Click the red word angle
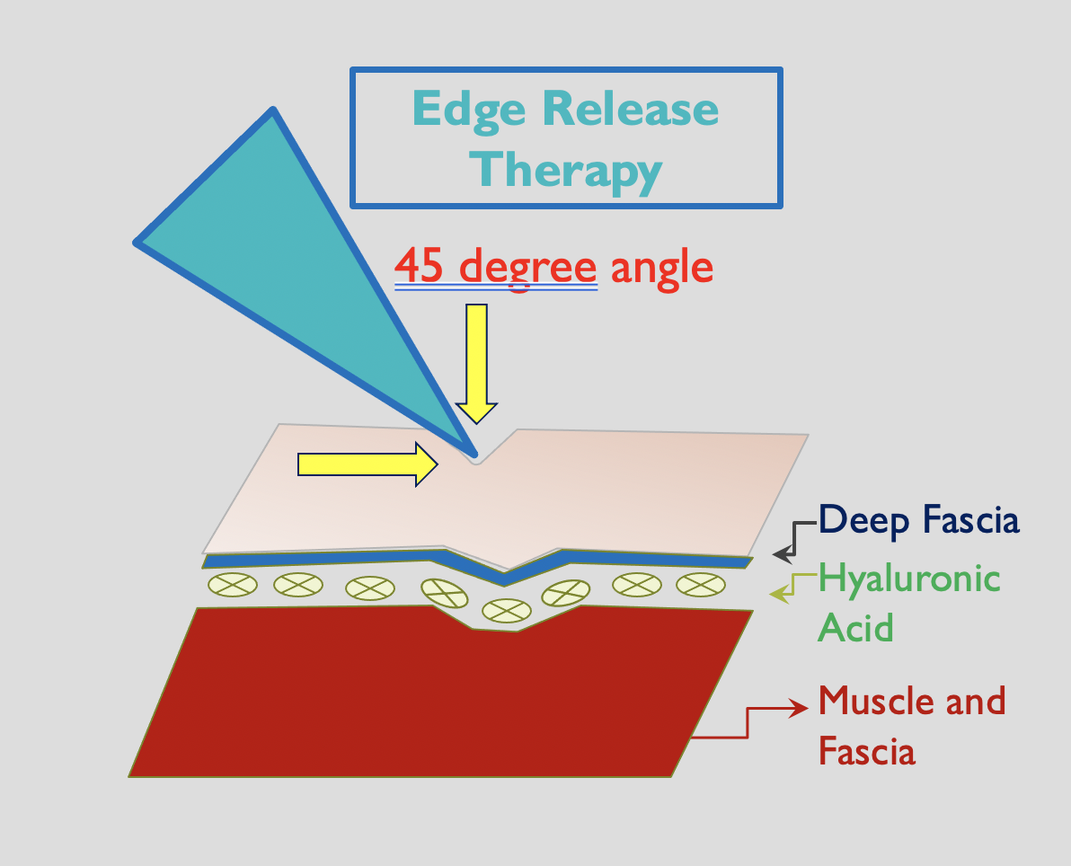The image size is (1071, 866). (661, 268)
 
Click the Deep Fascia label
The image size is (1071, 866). (918, 519)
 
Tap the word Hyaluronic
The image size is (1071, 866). (909, 578)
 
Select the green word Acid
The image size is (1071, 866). (854, 626)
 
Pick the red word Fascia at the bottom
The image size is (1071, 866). (866, 750)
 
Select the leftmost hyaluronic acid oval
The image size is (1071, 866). (232, 584)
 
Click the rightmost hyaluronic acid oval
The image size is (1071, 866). (700, 584)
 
